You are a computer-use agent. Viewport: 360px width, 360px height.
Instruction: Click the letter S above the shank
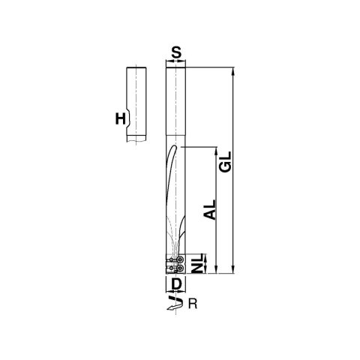[177, 52]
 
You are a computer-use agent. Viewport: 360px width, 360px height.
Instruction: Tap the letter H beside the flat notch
[121, 118]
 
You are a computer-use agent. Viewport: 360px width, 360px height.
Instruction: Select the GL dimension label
[225, 162]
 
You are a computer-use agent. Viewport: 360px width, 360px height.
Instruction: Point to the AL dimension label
[209, 209]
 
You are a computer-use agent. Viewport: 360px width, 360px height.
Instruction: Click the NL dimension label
[197, 263]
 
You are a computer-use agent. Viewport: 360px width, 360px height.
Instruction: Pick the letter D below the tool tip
[176, 284]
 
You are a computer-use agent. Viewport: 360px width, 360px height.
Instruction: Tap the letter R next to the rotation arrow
[193, 304]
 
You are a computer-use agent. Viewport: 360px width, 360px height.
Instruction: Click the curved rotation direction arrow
[175, 304]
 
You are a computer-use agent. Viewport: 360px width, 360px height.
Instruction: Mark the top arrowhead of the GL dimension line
[233, 71]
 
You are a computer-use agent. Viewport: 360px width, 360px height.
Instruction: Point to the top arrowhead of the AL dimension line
[216, 151]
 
